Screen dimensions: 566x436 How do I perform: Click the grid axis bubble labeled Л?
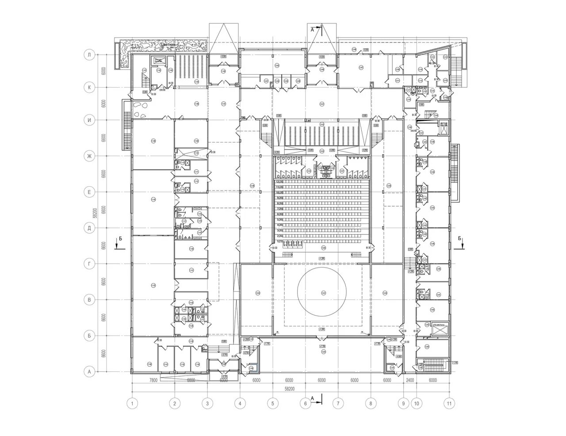click(89, 55)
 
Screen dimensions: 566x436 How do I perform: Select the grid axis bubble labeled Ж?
click(89, 156)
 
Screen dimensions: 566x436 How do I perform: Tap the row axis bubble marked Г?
click(89, 264)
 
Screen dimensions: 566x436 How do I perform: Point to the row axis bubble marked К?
click(89, 88)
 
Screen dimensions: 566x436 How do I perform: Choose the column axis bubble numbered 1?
click(132, 403)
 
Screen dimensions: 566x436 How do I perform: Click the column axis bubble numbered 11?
click(450, 403)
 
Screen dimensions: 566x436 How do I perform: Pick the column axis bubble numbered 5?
click(273, 403)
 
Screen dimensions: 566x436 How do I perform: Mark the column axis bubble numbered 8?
click(371, 403)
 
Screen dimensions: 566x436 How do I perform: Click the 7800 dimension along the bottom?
click(153, 380)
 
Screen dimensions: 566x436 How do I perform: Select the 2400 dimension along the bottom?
click(410, 380)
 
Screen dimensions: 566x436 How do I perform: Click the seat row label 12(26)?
click(279, 182)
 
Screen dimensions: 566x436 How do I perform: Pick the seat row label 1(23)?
click(279, 242)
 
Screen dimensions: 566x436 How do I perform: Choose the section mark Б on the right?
click(460, 239)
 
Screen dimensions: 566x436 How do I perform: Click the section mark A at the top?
click(312, 30)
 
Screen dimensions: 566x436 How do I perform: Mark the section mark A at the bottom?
click(312, 398)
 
